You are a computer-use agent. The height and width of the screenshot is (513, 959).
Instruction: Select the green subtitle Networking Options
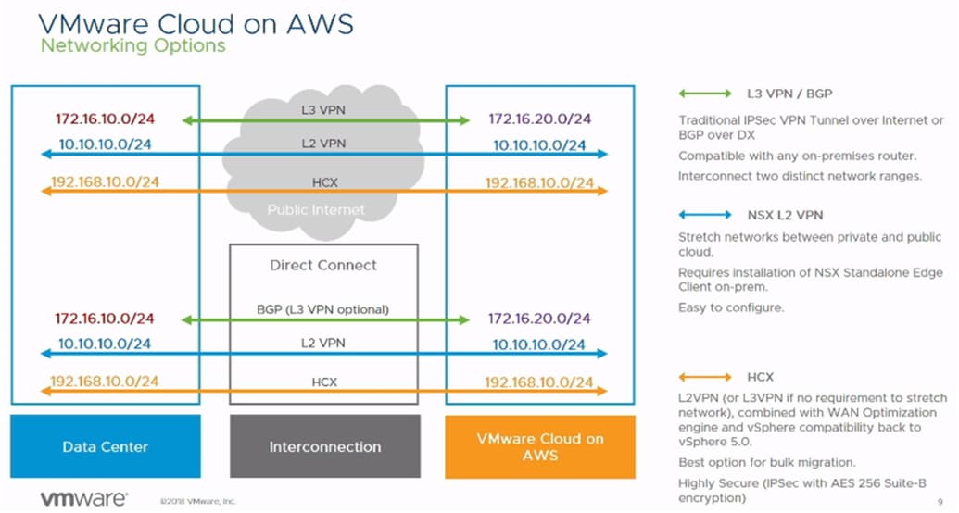(x=132, y=44)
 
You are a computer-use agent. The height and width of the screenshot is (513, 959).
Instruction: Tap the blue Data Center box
(x=106, y=446)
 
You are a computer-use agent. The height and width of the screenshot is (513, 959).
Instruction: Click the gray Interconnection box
(x=324, y=446)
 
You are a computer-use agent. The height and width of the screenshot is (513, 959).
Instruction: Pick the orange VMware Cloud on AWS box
(x=540, y=446)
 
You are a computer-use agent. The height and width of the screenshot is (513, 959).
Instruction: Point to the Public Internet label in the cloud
(x=316, y=210)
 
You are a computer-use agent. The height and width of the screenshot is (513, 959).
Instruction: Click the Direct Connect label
(x=323, y=265)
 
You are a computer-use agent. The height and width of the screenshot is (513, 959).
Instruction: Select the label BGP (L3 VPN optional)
(x=323, y=308)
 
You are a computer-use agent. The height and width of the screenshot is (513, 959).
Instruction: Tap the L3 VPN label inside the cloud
(x=323, y=109)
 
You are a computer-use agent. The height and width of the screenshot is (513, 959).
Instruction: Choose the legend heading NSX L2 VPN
(x=785, y=215)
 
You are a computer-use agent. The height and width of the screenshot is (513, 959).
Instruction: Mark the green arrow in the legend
(x=705, y=94)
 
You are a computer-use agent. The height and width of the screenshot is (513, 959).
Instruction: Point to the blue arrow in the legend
(x=705, y=215)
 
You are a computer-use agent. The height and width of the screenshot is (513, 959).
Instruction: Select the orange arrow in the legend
(x=705, y=377)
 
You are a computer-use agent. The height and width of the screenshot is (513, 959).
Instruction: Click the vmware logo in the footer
(x=83, y=498)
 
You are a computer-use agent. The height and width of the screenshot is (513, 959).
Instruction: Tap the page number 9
(x=940, y=501)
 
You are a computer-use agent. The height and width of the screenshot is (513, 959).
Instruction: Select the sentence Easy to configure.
(x=731, y=307)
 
